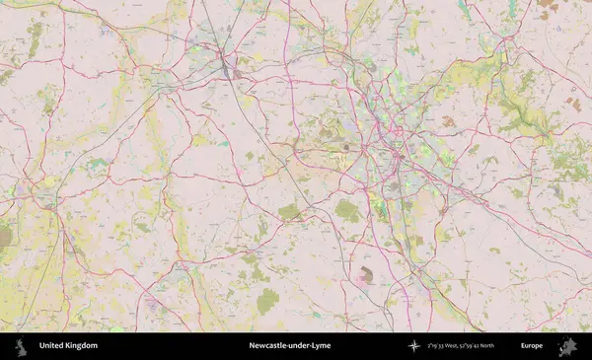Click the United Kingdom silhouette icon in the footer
coord(20,346)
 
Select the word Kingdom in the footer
coord(81,346)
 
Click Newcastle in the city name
coord(269,346)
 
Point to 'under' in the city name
coord(301,346)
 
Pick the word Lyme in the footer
coord(322,346)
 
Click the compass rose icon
coord(413,346)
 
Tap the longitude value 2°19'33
coord(438,346)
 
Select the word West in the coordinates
coord(460,346)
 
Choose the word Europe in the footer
coord(532,346)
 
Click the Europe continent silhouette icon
coord(567,346)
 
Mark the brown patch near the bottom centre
coord(367,275)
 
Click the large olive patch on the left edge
coord(6,237)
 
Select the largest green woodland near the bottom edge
coord(267,301)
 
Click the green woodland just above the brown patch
coord(347,210)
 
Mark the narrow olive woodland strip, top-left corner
coord(36,39)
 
